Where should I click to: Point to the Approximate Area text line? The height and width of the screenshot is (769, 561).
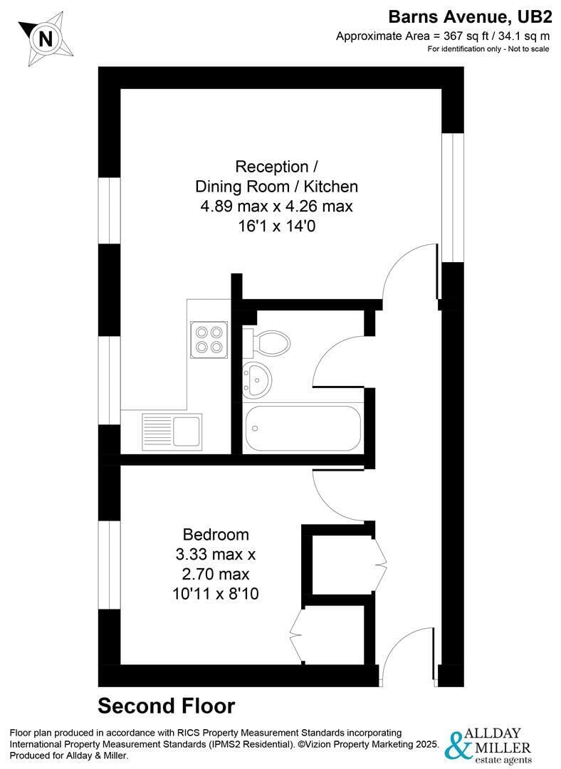click(x=444, y=36)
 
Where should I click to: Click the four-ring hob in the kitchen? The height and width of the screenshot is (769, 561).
click(x=209, y=339)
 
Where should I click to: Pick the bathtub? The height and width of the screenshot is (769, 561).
click(x=303, y=428)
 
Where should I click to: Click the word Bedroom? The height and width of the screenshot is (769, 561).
click(x=216, y=534)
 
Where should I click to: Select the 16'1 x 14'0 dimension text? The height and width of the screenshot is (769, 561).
click(x=276, y=226)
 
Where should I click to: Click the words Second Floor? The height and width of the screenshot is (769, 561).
click(x=166, y=706)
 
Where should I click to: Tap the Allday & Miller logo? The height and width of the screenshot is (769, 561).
click(x=488, y=743)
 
